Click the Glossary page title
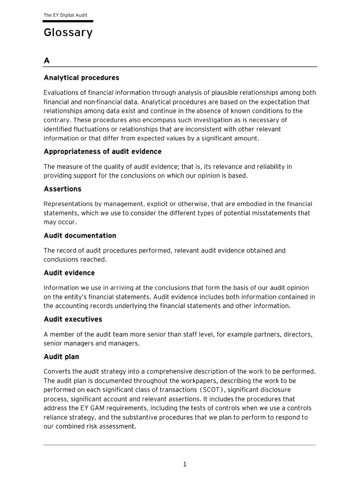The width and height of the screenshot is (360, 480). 68,33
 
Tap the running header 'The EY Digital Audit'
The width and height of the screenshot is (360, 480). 65,15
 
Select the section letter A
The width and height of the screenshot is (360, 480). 46,60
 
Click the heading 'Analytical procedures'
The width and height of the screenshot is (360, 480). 81,78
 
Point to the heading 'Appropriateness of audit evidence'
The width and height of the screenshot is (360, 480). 102,151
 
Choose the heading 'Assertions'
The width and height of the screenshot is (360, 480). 62,189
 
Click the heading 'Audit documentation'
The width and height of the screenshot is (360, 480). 80,235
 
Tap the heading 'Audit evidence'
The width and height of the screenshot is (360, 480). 69,273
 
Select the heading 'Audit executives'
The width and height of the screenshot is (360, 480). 73,319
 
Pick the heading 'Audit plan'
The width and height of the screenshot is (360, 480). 61,357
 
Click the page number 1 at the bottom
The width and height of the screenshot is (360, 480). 185,465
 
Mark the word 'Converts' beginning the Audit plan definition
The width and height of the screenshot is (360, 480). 57,372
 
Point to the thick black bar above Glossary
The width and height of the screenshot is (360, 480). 68,22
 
